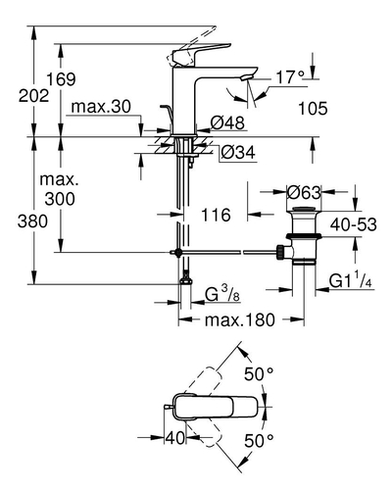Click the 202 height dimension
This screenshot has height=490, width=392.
pos(33,96)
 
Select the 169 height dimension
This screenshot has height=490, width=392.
pos(61,79)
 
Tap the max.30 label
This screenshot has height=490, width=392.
pos(101,107)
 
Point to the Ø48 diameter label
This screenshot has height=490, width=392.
pos(227,123)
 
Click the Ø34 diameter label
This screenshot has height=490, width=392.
pos(238,152)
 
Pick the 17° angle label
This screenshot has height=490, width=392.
pos(290,77)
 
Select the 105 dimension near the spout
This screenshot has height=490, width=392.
pos(313,109)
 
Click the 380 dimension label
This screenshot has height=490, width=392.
pos(32,221)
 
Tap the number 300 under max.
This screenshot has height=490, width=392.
pos(60,199)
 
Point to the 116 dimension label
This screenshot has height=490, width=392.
pos(216,215)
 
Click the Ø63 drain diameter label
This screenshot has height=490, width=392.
pos(304,193)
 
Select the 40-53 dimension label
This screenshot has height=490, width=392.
pos(354,224)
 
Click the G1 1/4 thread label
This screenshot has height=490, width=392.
pos(350,280)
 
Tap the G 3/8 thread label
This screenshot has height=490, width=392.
pos(222,294)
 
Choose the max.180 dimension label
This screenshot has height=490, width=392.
pos(240,320)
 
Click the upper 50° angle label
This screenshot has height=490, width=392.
pos(259,374)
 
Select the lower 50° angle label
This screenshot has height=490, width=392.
pos(259,441)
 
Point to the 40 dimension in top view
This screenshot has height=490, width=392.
pos(175,438)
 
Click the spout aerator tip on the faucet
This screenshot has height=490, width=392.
pos(246,77)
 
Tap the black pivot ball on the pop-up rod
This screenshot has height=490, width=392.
pos(178,252)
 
